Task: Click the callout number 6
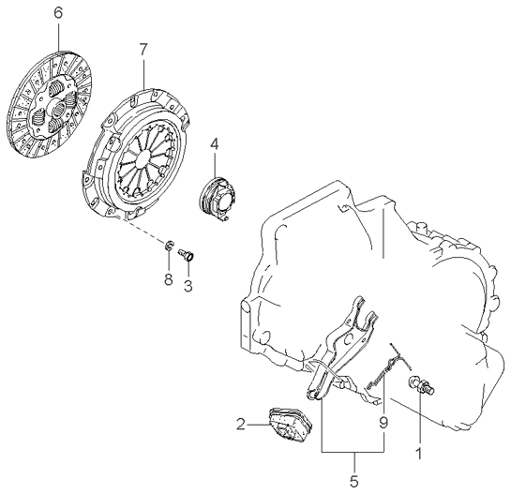coord(58,13)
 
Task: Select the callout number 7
coord(143,50)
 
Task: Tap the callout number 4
coord(214,144)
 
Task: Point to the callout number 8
coord(168,279)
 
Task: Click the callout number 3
coord(188,286)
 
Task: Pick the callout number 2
coord(241,425)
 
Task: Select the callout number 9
coord(383,423)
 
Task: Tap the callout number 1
coord(419,454)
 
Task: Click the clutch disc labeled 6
coord(49,105)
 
